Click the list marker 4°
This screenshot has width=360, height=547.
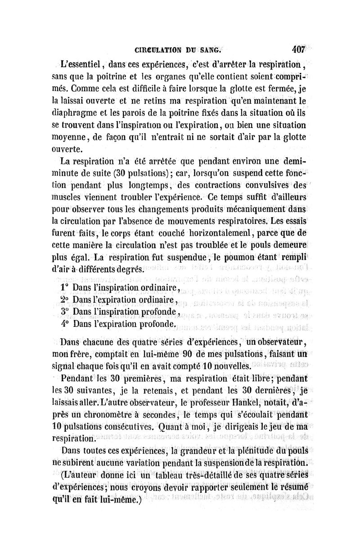(64, 324)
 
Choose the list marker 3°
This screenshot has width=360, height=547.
(64, 312)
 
